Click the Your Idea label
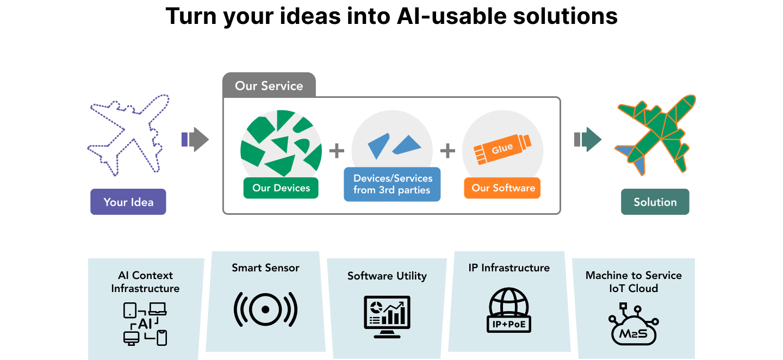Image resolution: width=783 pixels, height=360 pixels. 128,202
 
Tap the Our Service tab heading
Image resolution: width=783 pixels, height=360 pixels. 269,85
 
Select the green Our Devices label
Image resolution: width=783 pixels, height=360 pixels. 281,188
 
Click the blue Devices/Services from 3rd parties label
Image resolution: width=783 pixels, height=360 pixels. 392,184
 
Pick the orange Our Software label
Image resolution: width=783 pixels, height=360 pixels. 503,188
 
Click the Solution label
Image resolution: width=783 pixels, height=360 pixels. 655,202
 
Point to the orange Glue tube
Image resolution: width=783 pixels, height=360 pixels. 502,148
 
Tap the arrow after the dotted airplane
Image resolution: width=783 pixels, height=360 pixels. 195,139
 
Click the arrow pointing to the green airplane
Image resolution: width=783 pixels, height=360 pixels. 588,139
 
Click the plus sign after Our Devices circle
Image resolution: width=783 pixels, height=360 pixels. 337,151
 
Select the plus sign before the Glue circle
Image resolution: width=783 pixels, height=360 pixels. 447,151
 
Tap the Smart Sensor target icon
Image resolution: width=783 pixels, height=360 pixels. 265,309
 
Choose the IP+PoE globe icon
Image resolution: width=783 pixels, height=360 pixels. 508,310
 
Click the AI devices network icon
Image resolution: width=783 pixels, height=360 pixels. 145,324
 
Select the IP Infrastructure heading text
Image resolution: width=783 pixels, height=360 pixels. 509,268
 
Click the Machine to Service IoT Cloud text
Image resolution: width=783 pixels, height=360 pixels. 633,282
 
